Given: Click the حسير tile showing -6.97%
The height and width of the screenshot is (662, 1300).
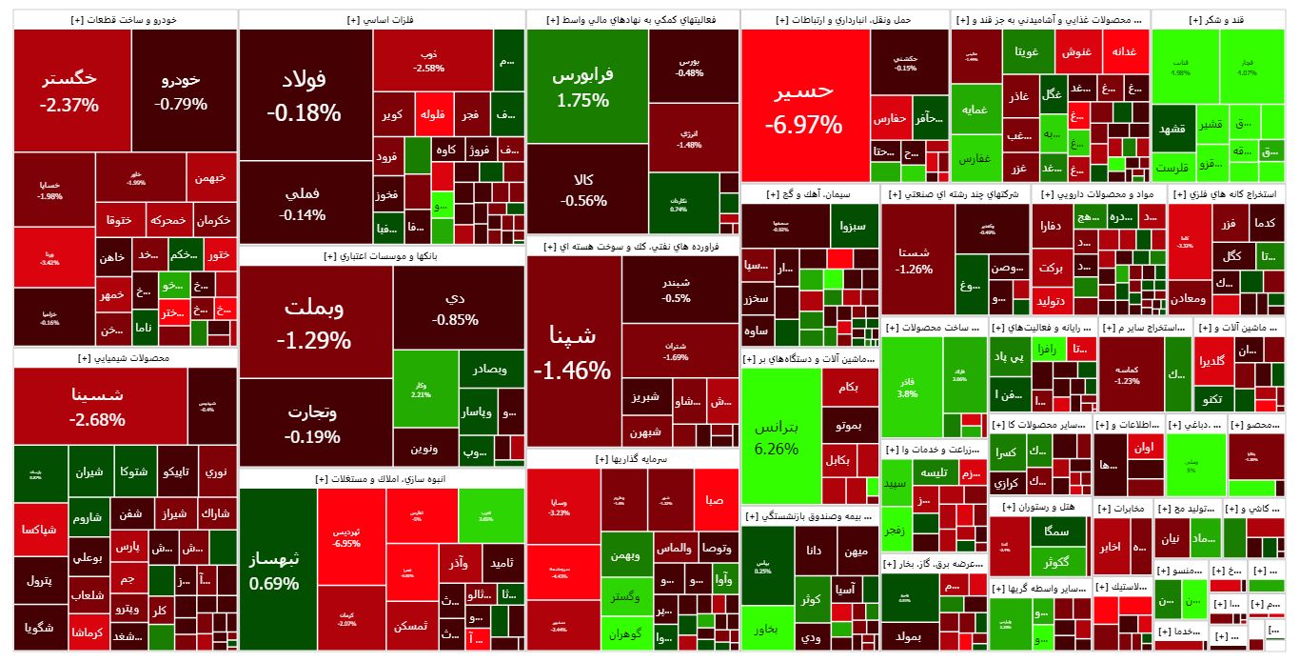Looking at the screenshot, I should point(804,106).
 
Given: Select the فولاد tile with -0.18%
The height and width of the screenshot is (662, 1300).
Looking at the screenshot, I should point(304,95).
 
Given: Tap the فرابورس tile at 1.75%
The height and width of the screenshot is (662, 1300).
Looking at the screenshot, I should point(583,86).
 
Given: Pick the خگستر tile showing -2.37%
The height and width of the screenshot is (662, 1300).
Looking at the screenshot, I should point(70,90).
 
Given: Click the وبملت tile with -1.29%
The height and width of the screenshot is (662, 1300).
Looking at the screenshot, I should point(315,322).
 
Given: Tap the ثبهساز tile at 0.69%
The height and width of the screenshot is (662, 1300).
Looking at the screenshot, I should point(273,569).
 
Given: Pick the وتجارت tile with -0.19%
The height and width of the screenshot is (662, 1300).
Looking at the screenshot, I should point(314,424).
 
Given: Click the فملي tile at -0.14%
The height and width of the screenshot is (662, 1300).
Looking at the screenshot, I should point(304,203).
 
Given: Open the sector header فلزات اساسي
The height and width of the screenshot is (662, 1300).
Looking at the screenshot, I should point(381,19).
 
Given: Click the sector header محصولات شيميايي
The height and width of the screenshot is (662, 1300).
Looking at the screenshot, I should point(125,358).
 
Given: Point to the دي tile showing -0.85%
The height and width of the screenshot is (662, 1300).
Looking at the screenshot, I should point(455,308).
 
